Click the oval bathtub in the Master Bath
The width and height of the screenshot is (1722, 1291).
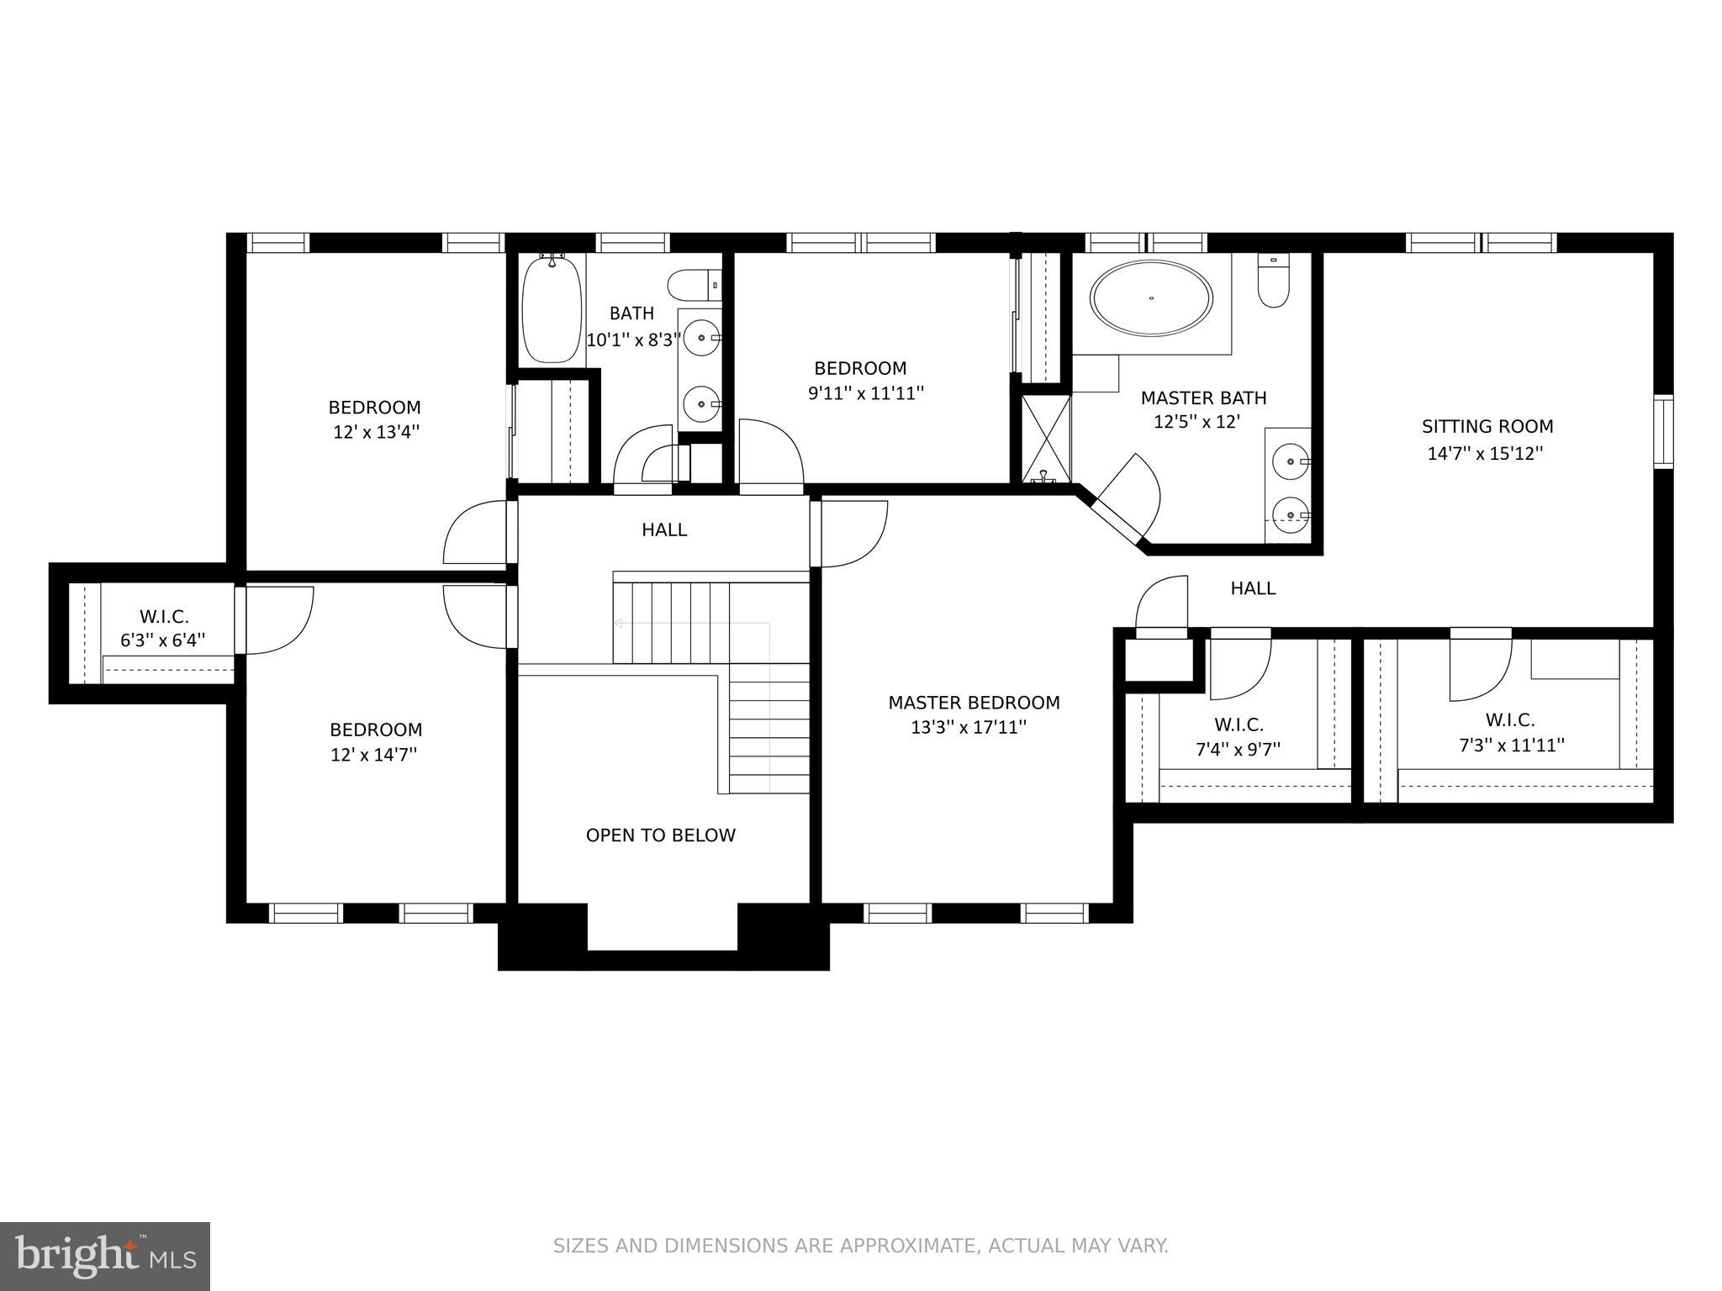(1151, 298)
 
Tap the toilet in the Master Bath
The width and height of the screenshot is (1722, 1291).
(1273, 281)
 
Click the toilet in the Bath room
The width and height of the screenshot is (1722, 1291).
(695, 285)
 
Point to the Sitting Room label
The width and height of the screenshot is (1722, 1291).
(1487, 426)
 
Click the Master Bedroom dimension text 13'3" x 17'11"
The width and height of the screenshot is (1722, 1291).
(969, 727)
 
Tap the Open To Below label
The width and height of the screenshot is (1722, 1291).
(661, 835)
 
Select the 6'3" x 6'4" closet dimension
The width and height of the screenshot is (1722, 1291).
(163, 640)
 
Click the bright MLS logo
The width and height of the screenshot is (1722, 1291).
(106, 1256)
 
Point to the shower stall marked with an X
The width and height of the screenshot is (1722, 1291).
(1046, 438)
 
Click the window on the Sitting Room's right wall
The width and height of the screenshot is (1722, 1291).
(1663, 432)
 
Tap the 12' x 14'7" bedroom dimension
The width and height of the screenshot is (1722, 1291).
(374, 755)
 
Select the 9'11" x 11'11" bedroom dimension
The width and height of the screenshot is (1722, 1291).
(866, 393)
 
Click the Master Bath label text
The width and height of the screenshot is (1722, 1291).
(1203, 398)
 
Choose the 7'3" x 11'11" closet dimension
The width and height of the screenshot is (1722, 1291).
(1511, 745)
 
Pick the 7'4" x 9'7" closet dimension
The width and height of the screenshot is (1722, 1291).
(1238, 749)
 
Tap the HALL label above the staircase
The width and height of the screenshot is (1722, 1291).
(664, 530)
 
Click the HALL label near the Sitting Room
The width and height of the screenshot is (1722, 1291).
(1253, 588)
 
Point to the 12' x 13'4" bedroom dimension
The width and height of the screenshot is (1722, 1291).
(375, 433)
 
